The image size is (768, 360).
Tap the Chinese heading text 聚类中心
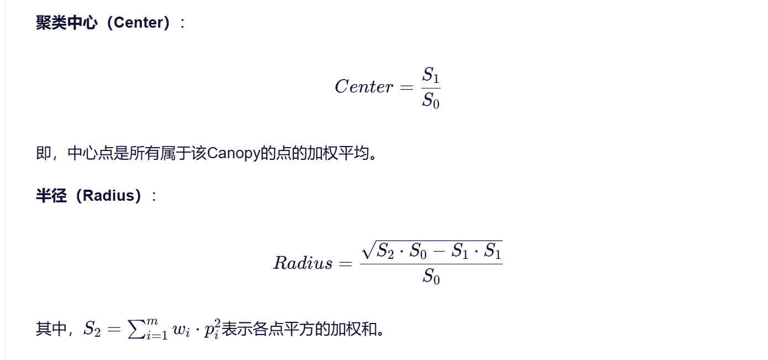pyautogui.click(x=66, y=23)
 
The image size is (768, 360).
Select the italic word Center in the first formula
pyautogui.click(x=364, y=87)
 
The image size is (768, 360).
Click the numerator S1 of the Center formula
pyautogui.click(x=431, y=75)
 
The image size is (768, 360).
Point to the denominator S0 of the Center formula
pyautogui.click(x=431, y=101)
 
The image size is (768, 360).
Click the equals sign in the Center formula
pyautogui.click(x=406, y=87)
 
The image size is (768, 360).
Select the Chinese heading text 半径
pyautogui.click(x=51, y=196)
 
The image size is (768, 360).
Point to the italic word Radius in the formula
pyautogui.click(x=302, y=263)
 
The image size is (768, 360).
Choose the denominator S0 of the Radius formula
pyautogui.click(x=431, y=275)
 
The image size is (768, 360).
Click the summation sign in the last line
pyautogui.click(x=135, y=329)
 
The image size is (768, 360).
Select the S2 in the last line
pyautogui.click(x=92, y=330)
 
